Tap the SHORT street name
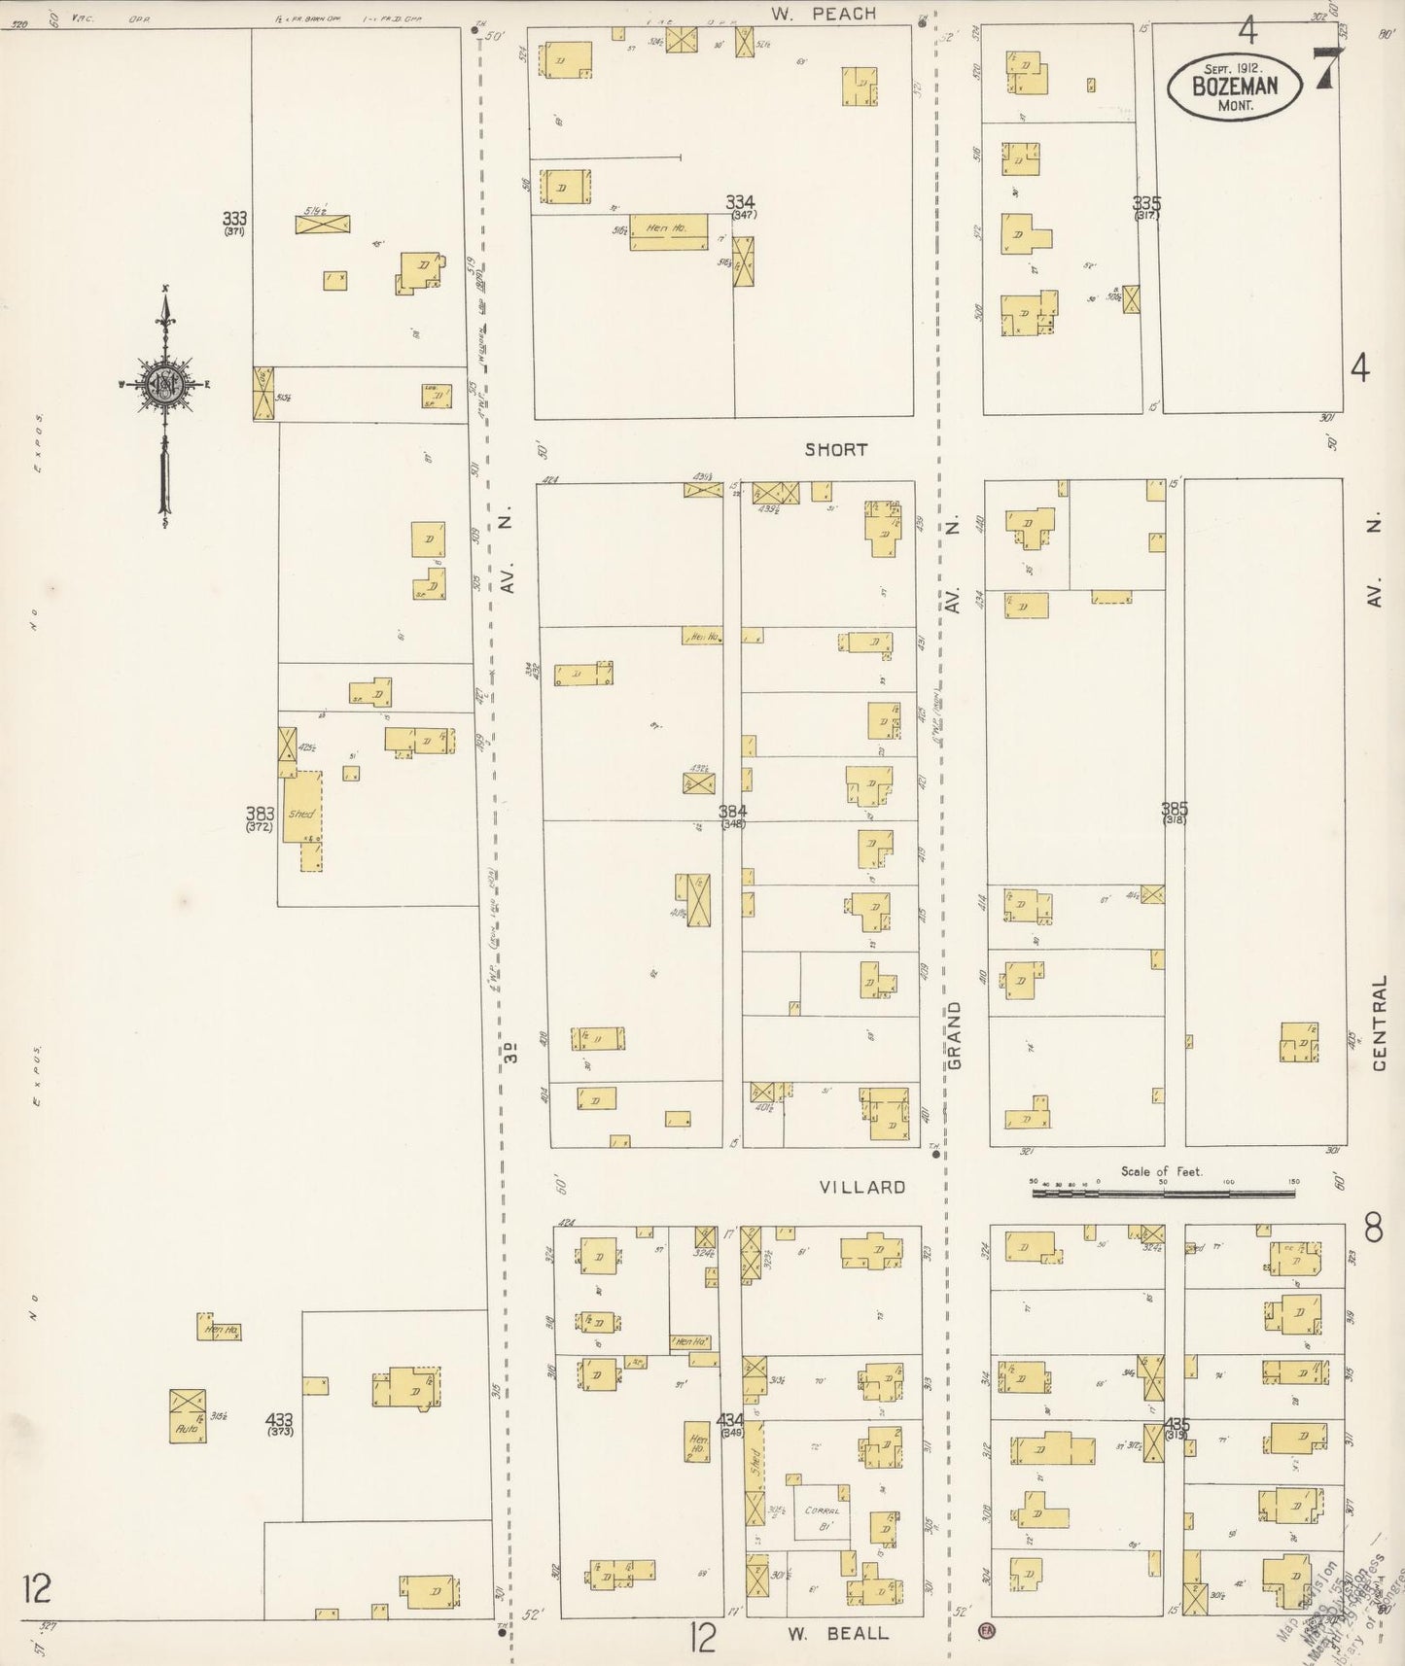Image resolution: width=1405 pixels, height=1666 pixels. [x=835, y=450]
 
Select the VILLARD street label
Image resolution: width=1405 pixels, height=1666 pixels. [x=861, y=1187]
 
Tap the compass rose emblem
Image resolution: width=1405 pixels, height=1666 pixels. [x=165, y=383]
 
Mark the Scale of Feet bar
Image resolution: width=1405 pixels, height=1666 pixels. [x=1164, y=1189]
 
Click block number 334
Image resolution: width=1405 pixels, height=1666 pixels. [x=740, y=203]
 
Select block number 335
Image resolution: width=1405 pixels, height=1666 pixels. [x=1146, y=204]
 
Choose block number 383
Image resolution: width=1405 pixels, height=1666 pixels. [x=260, y=815]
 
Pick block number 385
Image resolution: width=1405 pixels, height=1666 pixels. [x=1174, y=808]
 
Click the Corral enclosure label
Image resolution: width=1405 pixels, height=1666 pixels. [x=821, y=1511]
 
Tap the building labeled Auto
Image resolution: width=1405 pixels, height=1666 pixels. [x=187, y=1427]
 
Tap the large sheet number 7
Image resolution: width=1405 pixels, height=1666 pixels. [x=1324, y=71]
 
